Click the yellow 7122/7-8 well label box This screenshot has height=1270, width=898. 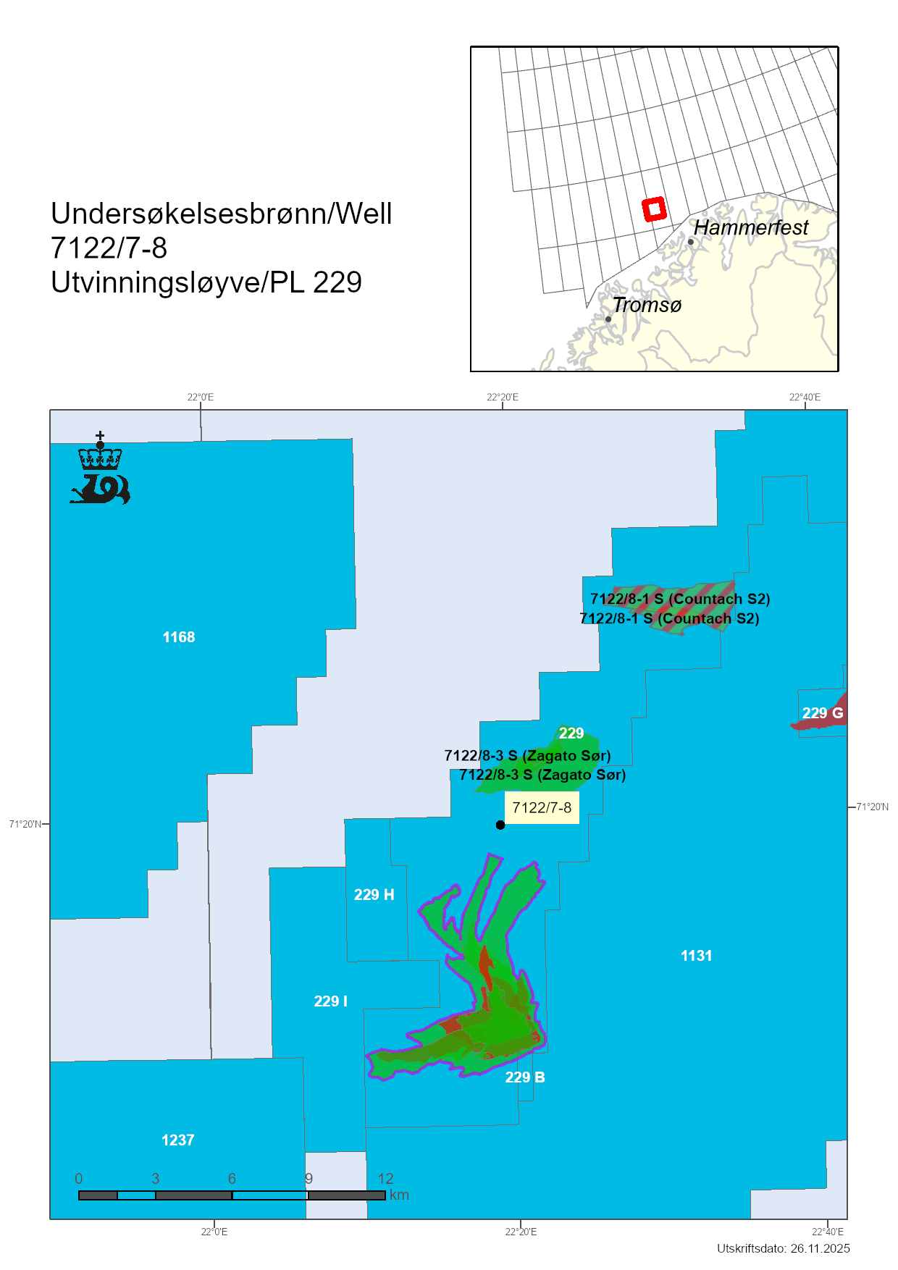click(x=542, y=808)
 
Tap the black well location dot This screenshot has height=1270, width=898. click(x=500, y=825)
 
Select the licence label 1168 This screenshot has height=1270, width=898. click(x=179, y=637)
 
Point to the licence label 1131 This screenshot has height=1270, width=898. click(x=696, y=956)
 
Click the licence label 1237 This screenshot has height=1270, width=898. click(x=177, y=1140)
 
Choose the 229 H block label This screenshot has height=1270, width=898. click(x=374, y=895)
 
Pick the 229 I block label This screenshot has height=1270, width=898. click(x=330, y=1001)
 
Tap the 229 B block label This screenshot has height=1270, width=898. click(x=525, y=1077)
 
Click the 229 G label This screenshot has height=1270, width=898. click(x=823, y=713)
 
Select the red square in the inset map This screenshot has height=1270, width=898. click(x=654, y=209)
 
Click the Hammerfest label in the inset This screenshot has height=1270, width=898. click(x=751, y=227)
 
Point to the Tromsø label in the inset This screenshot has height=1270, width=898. click(x=647, y=305)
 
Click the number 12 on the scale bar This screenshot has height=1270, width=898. click(x=385, y=1179)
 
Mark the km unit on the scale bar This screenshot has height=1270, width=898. click(x=399, y=1195)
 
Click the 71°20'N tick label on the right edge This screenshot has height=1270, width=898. click(x=872, y=807)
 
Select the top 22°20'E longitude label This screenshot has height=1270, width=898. click(x=502, y=397)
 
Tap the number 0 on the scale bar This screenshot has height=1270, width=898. click(x=79, y=1179)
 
